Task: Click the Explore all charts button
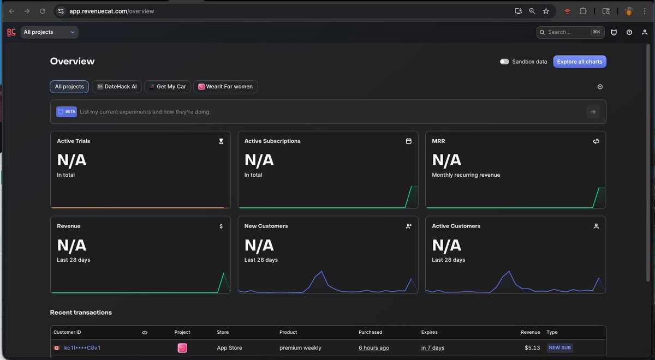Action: [580, 62]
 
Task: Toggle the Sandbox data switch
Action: [504, 62]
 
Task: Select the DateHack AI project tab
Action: [117, 87]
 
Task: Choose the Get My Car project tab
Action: [168, 87]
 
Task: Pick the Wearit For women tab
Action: [225, 87]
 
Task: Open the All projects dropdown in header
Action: [49, 32]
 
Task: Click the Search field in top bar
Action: [570, 32]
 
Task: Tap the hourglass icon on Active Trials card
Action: [221, 141]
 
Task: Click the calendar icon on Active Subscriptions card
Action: [408, 141]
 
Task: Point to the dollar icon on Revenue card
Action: [221, 226]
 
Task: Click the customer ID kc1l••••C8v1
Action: [82, 348]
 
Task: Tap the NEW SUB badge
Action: [559, 348]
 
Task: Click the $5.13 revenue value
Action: [532, 348]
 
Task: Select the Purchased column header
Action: [370, 332]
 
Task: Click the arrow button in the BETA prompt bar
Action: [593, 112]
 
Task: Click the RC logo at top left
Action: [11, 32]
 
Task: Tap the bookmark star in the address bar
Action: [546, 11]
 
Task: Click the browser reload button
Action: [43, 11]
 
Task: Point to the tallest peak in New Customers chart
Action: [321, 272]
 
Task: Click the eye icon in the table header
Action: [145, 333]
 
